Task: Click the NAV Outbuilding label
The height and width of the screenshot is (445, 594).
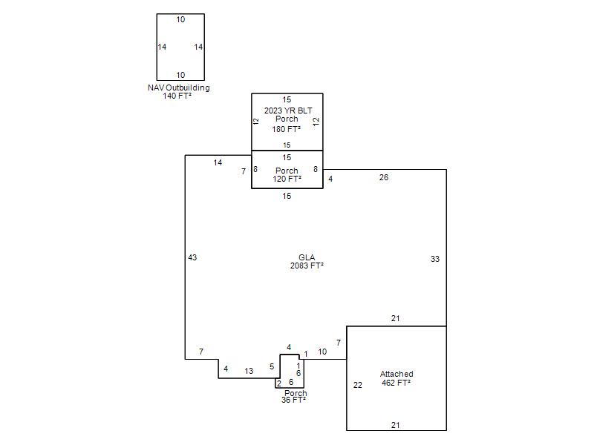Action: [179, 88]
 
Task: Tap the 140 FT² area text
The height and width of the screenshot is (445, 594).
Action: [177, 96]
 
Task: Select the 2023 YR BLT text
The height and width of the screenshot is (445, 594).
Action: [288, 111]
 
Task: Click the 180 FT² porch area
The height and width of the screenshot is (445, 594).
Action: [287, 129]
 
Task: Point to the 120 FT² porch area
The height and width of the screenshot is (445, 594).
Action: [287, 179]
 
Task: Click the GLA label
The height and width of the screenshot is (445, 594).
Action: [307, 257]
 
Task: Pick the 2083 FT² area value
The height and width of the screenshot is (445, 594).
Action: [307, 266]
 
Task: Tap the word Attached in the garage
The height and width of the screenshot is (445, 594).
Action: [396, 374]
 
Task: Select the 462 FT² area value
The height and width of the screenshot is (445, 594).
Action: [396, 383]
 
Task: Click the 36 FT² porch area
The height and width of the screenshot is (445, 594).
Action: [293, 400]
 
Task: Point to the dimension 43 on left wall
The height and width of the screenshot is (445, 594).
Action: [192, 257]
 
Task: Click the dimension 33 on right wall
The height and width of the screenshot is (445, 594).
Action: [435, 259]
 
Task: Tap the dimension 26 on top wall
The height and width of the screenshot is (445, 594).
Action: [384, 177]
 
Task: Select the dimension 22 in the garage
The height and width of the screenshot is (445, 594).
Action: [358, 385]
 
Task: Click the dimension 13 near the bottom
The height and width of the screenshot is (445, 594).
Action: [249, 371]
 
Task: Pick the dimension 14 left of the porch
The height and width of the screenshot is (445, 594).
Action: [218, 162]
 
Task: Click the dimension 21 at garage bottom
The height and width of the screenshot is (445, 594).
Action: [396, 425]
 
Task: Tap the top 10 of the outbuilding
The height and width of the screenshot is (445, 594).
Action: [180, 19]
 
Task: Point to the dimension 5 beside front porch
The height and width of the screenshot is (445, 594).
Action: [272, 366]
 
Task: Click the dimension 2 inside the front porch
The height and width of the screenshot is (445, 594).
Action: [279, 383]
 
